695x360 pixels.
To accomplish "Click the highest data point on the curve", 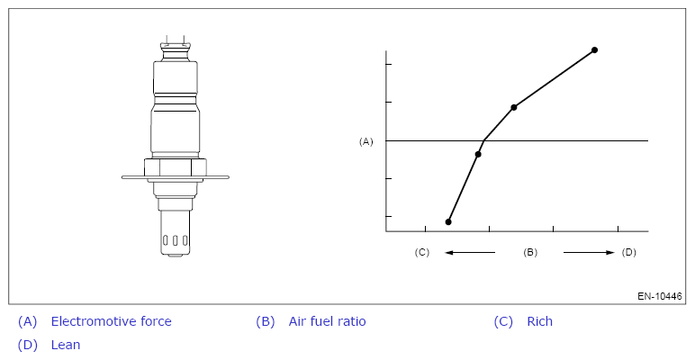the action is pyautogui.click(x=594, y=50).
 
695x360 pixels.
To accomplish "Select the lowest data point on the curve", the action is pyautogui.click(x=448, y=221).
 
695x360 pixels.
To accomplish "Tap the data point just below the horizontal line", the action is pyautogui.click(x=478, y=154).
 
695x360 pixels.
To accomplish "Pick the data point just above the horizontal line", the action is pyautogui.click(x=514, y=107).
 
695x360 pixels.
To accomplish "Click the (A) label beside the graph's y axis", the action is pyautogui.click(x=366, y=141).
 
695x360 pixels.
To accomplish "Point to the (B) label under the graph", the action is pyautogui.click(x=530, y=252).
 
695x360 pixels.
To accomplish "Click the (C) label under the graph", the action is pyautogui.click(x=422, y=252).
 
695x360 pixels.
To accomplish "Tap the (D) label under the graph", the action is pyautogui.click(x=629, y=252).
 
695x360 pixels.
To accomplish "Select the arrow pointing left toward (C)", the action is pyautogui.click(x=470, y=253).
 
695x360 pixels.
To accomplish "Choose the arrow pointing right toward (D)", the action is pyautogui.click(x=589, y=253).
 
